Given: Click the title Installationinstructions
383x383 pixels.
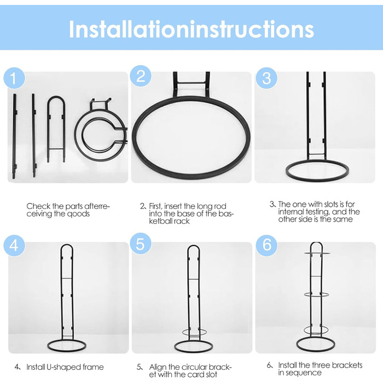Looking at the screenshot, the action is [191, 29].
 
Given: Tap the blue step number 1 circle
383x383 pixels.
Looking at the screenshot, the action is [14, 78].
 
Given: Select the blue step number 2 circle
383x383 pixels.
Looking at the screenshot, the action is [141, 76].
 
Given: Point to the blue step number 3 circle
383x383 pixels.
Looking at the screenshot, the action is [266, 78].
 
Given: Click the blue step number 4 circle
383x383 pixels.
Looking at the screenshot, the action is [14, 246].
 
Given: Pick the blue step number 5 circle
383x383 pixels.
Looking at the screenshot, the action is [141, 243].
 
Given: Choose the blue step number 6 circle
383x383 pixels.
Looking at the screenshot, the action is [266, 246].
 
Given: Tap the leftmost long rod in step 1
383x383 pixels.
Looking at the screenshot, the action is [15, 136].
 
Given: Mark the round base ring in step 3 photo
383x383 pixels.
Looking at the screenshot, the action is [317, 180].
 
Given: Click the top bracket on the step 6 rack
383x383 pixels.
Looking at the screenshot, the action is [317, 253].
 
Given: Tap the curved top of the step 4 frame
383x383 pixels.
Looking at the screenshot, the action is [67, 245].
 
